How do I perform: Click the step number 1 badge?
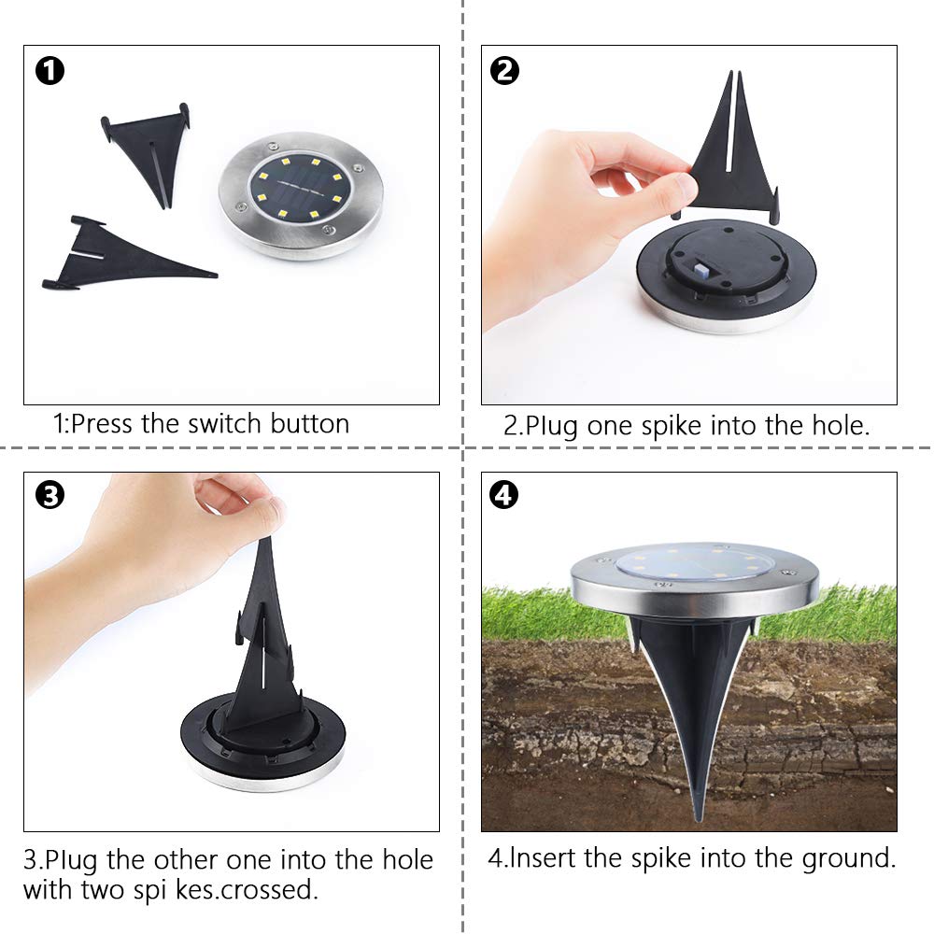coord(50,71)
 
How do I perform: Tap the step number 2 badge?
coord(504,71)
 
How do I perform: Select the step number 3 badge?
coord(49,495)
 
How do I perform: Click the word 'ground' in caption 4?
coord(851,858)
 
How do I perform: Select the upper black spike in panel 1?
coord(149,149)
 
